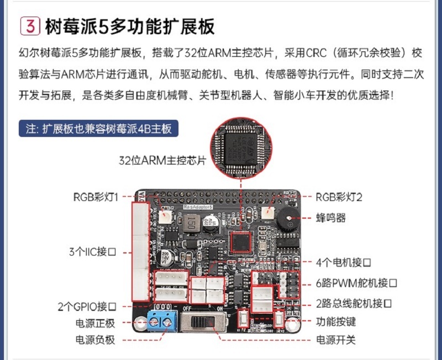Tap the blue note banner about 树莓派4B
coord(98,129)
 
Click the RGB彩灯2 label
coord(339,197)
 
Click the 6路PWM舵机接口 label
coord(357,283)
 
